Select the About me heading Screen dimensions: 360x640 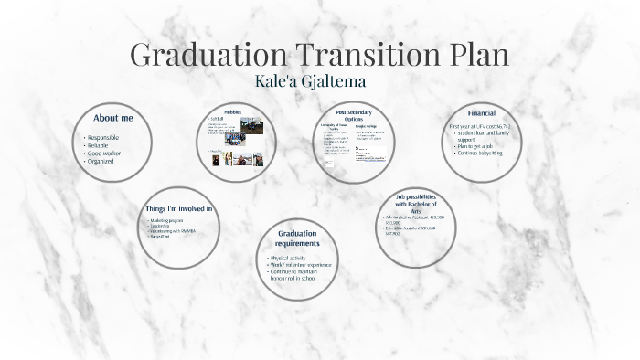[113, 119]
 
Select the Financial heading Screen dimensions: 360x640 [482, 112]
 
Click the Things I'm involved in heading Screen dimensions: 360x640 [179, 208]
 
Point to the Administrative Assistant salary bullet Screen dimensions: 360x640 [421, 219]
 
